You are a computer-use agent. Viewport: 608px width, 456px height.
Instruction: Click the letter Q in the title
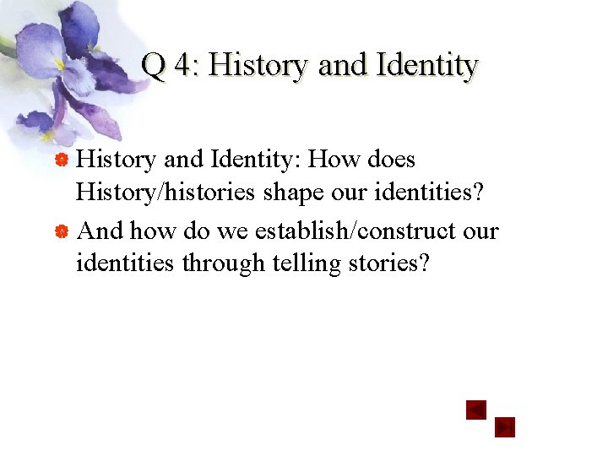coord(153,64)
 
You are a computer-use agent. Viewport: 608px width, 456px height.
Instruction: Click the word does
coord(391,160)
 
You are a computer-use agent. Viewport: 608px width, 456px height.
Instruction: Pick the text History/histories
coord(165,193)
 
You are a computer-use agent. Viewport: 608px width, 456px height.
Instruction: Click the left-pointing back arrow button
coord(477,410)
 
